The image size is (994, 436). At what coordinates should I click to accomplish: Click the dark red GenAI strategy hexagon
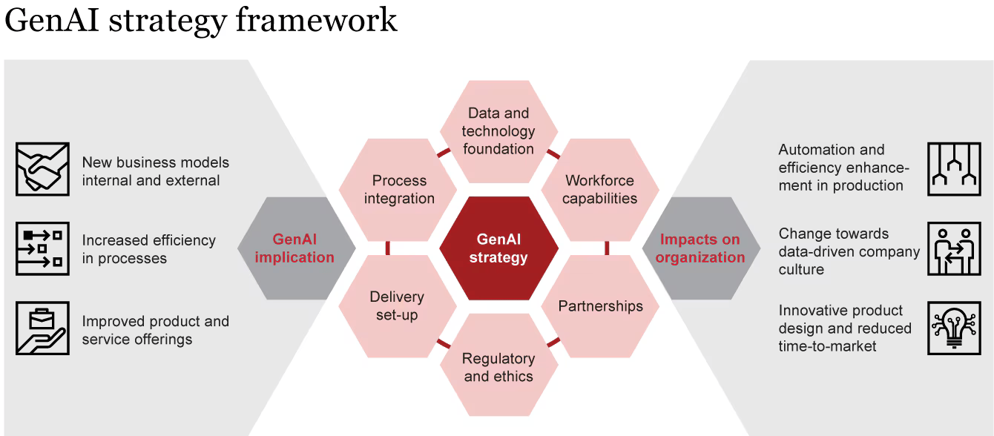coord(498,248)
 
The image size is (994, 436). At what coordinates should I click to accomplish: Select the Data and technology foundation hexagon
coord(498,132)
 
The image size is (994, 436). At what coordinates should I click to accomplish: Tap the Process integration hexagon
coord(398,190)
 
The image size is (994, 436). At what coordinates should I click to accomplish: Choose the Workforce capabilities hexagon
coord(600,190)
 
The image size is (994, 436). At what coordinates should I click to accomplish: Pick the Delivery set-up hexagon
coord(398,306)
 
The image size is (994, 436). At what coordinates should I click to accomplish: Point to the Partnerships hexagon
coord(600,306)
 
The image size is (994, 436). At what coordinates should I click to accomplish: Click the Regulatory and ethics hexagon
coord(498,365)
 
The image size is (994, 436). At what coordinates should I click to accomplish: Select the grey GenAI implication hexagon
coord(297,248)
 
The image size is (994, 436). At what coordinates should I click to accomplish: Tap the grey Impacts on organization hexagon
coord(701,248)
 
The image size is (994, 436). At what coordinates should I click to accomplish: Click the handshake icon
coord(42,169)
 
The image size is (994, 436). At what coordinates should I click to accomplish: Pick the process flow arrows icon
coord(42,249)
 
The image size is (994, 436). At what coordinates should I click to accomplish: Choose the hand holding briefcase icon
coord(42,328)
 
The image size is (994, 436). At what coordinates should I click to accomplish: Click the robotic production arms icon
coord(954,169)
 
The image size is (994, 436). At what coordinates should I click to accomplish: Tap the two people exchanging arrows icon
coord(954,249)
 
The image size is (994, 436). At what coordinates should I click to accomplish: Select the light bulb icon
coord(954,328)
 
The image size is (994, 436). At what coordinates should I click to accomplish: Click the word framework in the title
coord(317,20)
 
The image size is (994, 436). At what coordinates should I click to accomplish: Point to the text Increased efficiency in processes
coord(148,249)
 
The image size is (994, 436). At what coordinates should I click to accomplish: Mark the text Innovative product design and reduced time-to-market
coord(845,328)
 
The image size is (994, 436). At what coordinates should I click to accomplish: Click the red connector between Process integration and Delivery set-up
coord(388,248)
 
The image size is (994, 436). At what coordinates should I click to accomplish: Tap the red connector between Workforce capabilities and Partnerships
coord(607,248)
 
